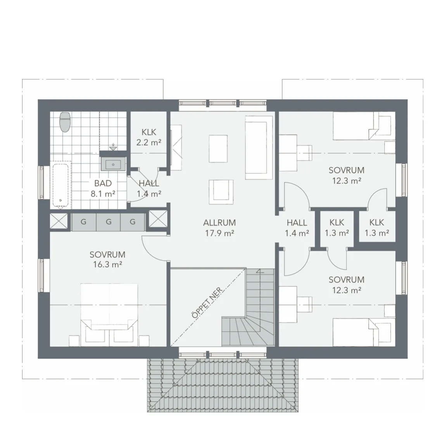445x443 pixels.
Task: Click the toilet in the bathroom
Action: [x=65, y=122]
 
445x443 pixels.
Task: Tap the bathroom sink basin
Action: [x=113, y=164]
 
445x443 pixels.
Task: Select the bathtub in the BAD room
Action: [x=61, y=185]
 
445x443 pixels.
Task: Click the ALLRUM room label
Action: [x=219, y=223]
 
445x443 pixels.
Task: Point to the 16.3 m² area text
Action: [x=107, y=265]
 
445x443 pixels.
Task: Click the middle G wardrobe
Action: [x=109, y=222]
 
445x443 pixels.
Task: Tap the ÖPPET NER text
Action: [x=207, y=303]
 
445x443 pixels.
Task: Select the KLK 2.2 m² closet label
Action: [x=149, y=137]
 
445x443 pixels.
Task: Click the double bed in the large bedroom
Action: [x=109, y=314]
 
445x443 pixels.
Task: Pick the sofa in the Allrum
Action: [x=259, y=147]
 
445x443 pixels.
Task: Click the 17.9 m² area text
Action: [x=219, y=234]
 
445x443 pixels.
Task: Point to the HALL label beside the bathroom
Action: [x=149, y=183]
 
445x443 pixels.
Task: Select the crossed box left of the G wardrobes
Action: [x=59, y=221]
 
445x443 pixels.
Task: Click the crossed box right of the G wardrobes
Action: [x=158, y=219]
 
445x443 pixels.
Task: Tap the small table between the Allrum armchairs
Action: [x=218, y=149]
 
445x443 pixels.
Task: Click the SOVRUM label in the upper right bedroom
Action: [x=346, y=170]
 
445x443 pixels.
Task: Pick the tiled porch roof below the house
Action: [x=223, y=385]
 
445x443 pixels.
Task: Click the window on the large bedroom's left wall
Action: [x=42, y=275]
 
